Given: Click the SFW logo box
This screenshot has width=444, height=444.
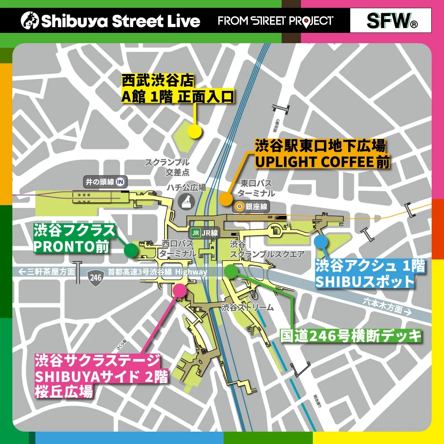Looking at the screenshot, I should (x=390, y=20).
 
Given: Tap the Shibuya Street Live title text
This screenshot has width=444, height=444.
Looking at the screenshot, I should (x=111, y=21).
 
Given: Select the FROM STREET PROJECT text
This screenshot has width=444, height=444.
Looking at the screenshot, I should (x=275, y=21).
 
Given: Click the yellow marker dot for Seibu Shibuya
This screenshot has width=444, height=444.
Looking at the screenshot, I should (x=194, y=131).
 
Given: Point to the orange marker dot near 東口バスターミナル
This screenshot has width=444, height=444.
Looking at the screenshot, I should (x=225, y=199).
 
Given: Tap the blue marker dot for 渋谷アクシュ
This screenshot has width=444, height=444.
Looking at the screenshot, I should (x=321, y=241).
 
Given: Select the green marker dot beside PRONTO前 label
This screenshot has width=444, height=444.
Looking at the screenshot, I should (x=130, y=250).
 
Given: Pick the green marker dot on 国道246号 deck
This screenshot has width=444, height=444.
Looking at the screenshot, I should (x=231, y=271).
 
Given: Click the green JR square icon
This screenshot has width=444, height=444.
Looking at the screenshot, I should (x=196, y=233).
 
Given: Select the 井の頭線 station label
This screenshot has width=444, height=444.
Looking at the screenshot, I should (x=105, y=182).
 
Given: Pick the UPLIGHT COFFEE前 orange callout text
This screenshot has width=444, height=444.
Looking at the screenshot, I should (x=322, y=162).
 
